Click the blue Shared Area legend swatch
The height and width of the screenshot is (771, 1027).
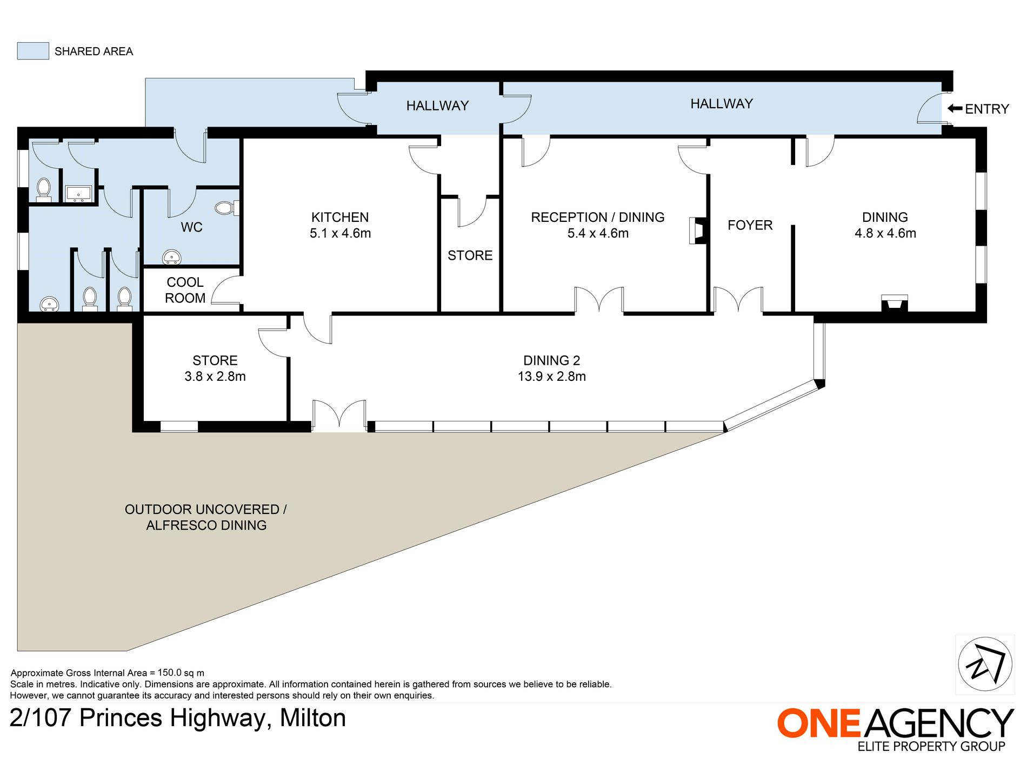(x=33, y=51)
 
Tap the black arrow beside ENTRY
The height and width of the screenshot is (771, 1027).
(x=955, y=109)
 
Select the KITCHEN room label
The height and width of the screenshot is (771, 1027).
(x=340, y=217)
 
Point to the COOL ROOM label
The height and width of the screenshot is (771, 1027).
(x=185, y=290)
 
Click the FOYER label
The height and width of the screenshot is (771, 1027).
(x=750, y=225)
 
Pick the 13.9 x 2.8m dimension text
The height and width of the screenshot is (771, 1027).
(x=551, y=377)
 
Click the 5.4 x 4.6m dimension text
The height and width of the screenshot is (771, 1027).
(x=598, y=233)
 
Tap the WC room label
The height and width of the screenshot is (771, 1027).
(x=191, y=227)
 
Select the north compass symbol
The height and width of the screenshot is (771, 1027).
(x=985, y=664)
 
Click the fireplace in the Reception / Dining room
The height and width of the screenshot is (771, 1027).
(x=698, y=230)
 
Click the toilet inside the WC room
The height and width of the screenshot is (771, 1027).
(x=227, y=208)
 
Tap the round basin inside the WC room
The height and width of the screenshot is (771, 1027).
(x=172, y=257)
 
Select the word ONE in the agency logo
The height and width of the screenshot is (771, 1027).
(x=818, y=723)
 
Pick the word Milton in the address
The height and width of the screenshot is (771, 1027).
(x=313, y=718)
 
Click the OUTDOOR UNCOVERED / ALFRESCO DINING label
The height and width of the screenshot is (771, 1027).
(x=206, y=517)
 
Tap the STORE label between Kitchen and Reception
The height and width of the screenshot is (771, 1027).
(x=470, y=255)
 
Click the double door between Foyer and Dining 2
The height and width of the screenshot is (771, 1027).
(x=738, y=300)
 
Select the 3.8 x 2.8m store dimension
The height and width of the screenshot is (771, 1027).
(x=215, y=377)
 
